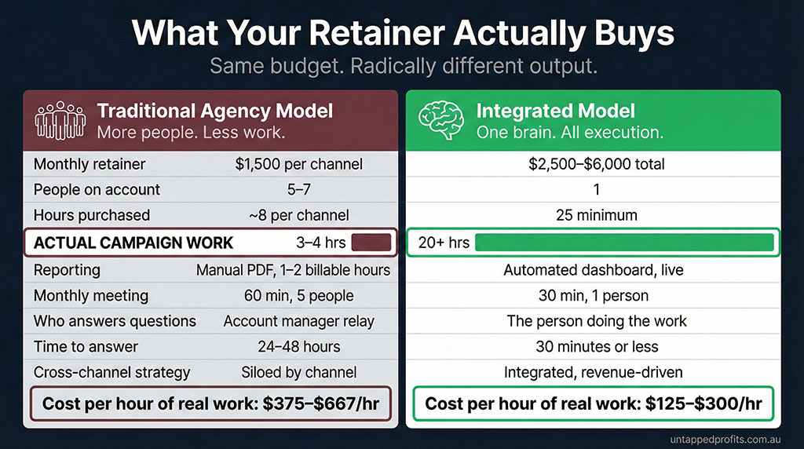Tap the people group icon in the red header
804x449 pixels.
click(x=59, y=120)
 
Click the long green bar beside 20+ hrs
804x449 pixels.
click(x=623, y=242)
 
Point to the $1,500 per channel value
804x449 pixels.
click(x=298, y=164)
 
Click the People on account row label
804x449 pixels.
click(x=97, y=190)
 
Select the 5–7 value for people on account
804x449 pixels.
click(x=298, y=190)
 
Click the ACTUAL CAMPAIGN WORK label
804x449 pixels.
click(x=133, y=243)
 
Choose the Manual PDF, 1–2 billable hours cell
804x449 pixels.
click(x=293, y=270)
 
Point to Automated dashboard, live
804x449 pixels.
click(x=594, y=270)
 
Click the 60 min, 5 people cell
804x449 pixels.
click(x=298, y=296)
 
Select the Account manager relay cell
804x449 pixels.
click(x=298, y=321)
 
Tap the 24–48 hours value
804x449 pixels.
click(x=298, y=346)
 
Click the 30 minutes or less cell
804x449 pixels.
click(x=594, y=346)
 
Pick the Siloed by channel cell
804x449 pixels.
click(x=298, y=372)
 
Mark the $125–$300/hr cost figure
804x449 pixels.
click(x=703, y=403)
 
